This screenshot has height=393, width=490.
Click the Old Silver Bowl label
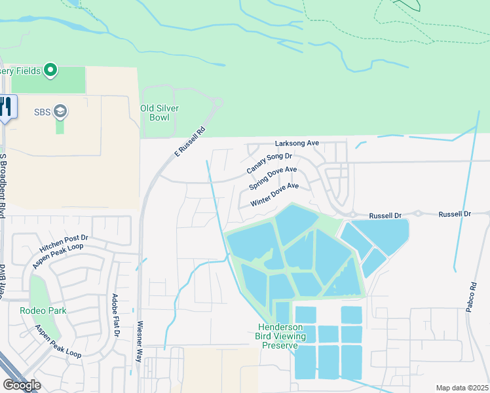click(x=160, y=113)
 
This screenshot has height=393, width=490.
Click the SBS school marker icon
click(x=61, y=111)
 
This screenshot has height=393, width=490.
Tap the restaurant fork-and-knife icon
click(x=6, y=106)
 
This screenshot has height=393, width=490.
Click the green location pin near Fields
click(x=50, y=70)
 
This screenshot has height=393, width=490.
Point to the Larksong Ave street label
click(x=297, y=143)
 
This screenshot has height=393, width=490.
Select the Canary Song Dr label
click(x=269, y=163)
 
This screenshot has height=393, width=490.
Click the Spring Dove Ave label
click(x=273, y=178)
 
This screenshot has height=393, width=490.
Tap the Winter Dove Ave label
click(x=274, y=195)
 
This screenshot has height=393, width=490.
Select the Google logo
click(x=22, y=384)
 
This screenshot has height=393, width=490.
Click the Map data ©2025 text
click(x=462, y=388)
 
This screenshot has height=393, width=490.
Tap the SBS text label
click(x=43, y=111)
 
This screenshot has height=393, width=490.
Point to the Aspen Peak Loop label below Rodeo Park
click(x=58, y=341)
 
